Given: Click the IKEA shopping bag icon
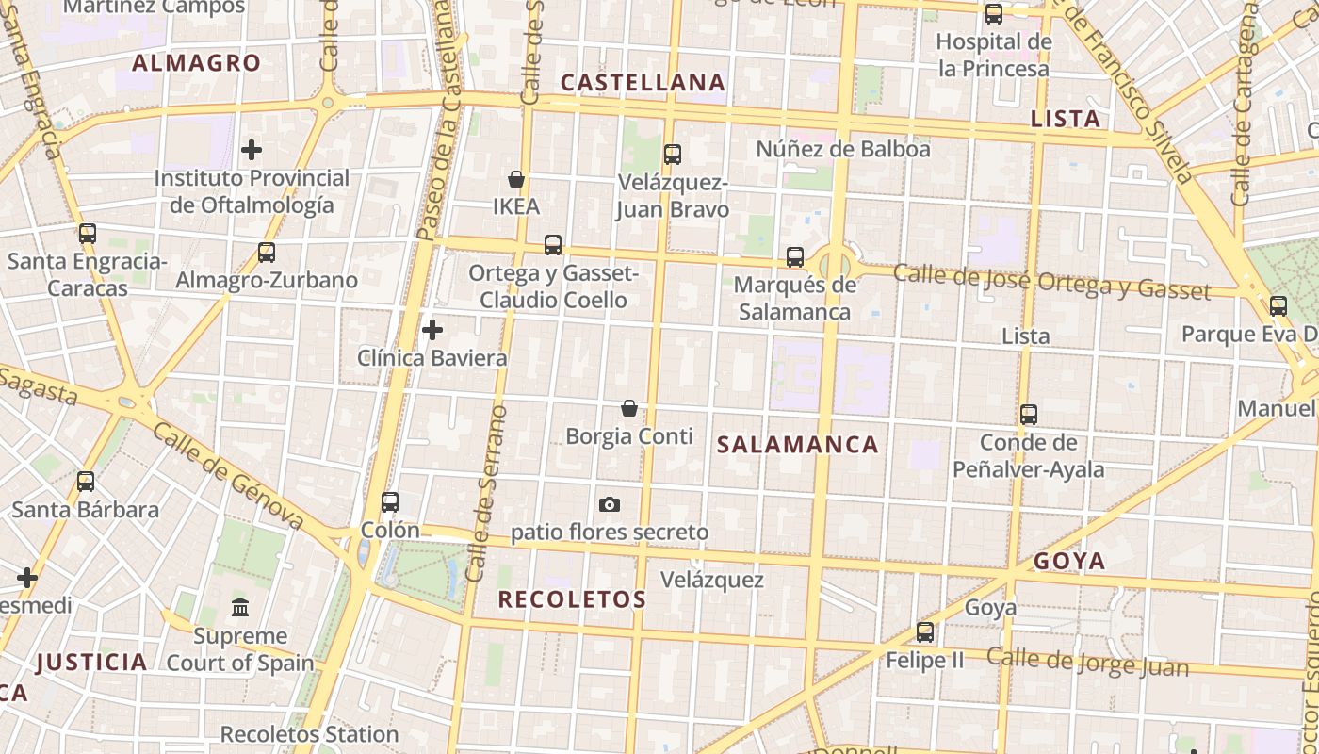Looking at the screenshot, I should click(x=516, y=178).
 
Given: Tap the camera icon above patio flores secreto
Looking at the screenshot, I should click(x=610, y=504).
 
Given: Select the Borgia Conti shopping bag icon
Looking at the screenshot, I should click(x=629, y=408).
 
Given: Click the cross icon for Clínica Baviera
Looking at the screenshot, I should click(x=432, y=330).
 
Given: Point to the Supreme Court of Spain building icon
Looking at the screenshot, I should click(x=240, y=607).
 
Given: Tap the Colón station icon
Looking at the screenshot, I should click(x=390, y=502).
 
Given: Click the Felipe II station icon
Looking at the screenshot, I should click(x=925, y=632).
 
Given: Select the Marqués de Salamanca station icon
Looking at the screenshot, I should click(x=795, y=256).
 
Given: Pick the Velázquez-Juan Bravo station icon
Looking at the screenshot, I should click(x=672, y=154).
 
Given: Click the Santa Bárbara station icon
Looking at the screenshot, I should click(x=86, y=482).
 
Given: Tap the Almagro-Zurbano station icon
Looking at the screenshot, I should click(x=267, y=253).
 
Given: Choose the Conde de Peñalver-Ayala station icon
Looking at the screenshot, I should click(x=1029, y=414).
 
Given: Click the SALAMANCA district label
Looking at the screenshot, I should click(x=798, y=445).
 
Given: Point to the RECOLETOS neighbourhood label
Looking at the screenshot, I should click(x=572, y=599).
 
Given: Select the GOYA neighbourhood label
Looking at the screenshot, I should click(x=1069, y=562).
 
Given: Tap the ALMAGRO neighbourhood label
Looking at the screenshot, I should click(x=196, y=63).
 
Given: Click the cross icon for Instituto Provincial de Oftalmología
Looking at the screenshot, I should click(x=252, y=149).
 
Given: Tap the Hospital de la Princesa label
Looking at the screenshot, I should click(x=993, y=55).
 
